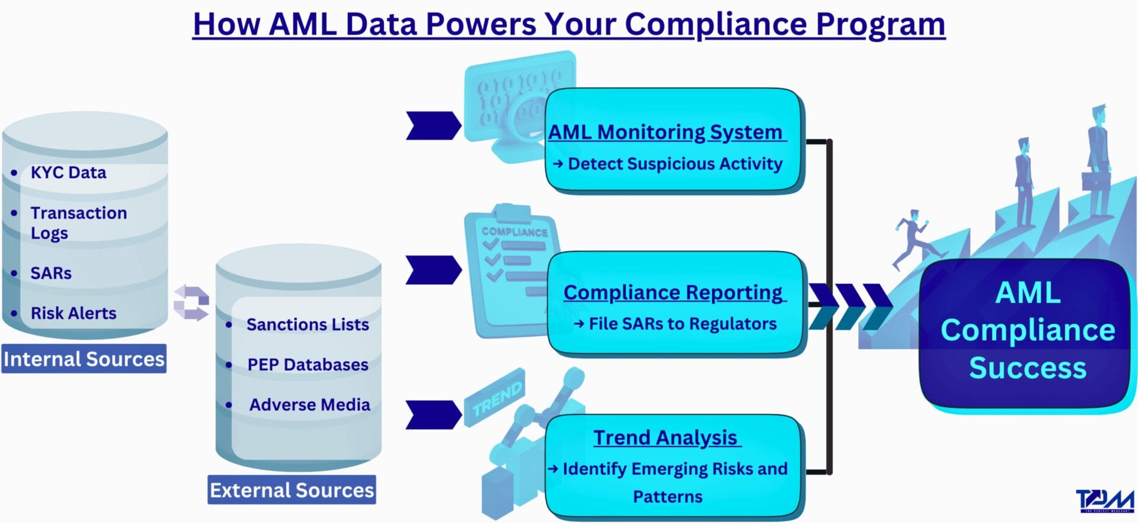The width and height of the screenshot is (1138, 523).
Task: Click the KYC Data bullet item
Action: click(68, 173)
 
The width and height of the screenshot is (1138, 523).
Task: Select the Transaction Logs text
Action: click(78, 222)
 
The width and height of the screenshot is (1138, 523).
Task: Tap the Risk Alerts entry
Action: click(73, 313)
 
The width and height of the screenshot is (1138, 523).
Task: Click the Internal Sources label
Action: click(84, 359)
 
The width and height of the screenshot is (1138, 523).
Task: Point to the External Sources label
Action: click(292, 490)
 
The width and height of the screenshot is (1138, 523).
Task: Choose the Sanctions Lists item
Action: click(308, 325)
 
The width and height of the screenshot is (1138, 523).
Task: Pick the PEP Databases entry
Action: click(308, 365)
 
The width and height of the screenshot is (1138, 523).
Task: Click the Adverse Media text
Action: click(309, 405)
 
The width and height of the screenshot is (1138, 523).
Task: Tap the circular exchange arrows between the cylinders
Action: click(191, 303)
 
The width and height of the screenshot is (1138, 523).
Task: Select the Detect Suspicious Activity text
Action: click(675, 164)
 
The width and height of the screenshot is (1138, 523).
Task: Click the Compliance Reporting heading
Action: click(673, 292)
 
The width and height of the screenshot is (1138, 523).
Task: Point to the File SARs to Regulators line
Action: click(682, 324)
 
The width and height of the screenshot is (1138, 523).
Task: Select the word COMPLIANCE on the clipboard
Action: click(514, 232)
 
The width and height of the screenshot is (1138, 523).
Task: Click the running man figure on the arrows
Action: click(911, 237)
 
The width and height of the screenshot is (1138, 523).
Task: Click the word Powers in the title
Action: click(481, 25)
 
